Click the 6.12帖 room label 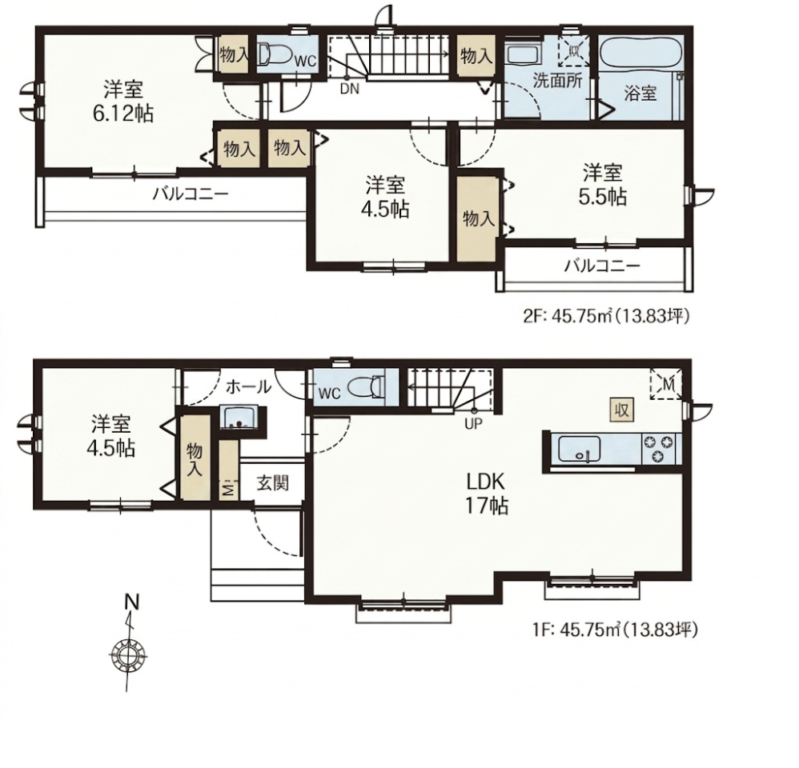[x=122, y=102]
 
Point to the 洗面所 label [x=557, y=81]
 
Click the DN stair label [x=350, y=89]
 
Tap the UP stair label [x=473, y=423]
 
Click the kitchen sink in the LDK [x=579, y=449]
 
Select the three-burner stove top [x=659, y=449]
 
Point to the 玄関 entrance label [x=273, y=482]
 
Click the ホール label [x=248, y=387]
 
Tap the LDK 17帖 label [x=486, y=493]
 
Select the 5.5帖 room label [x=602, y=184]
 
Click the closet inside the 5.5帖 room [x=477, y=218]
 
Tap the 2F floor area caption [x=606, y=317]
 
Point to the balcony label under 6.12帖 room [x=191, y=194]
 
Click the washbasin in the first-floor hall [x=238, y=417]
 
